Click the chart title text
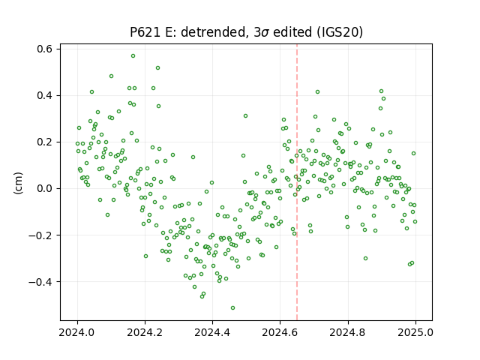[x=247, y=32]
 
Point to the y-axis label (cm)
[x=18, y=183]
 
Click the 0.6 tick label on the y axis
[x=45, y=49]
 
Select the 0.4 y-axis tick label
[x=45, y=95]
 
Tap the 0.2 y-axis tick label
[x=45, y=142]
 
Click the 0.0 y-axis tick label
[x=45, y=188]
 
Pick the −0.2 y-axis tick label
[x=41, y=235]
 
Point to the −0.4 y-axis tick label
[x=41, y=282]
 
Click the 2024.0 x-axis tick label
[x=77, y=332]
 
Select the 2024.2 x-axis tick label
[x=145, y=332]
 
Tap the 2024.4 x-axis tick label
[x=212, y=332]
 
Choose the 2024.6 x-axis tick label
[x=280, y=332]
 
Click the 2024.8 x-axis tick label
[x=348, y=332]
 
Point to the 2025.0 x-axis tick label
[x=415, y=332]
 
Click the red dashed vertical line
[x=297, y=182]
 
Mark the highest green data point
[x=133, y=56]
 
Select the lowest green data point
[x=233, y=308]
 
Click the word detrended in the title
[x=214, y=32]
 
